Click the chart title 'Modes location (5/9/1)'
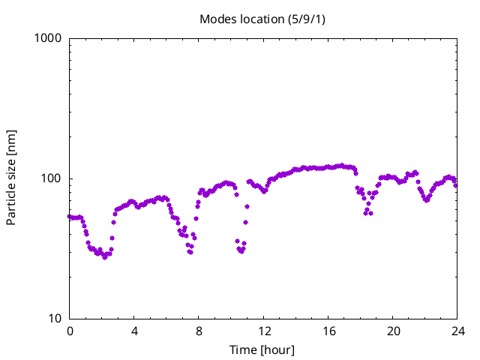point(262,19)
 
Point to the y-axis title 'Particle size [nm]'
point(11,178)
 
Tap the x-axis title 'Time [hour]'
point(262,350)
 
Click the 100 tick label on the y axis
point(51,178)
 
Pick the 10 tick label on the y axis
point(55,319)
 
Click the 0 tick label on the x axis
point(70,331)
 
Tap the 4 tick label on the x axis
point(134,331)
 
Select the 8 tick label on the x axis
point(199,331)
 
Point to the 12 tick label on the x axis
point(264,331)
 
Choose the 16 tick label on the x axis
point(328,331)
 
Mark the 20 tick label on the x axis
point(393,331)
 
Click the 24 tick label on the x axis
point(457,331)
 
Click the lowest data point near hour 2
point(105,257)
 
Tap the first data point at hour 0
point(70,217)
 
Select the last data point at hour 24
point(456,185)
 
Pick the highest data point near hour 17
point(342,165)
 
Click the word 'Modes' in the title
point(218,19)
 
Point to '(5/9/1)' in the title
point(306,19)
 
